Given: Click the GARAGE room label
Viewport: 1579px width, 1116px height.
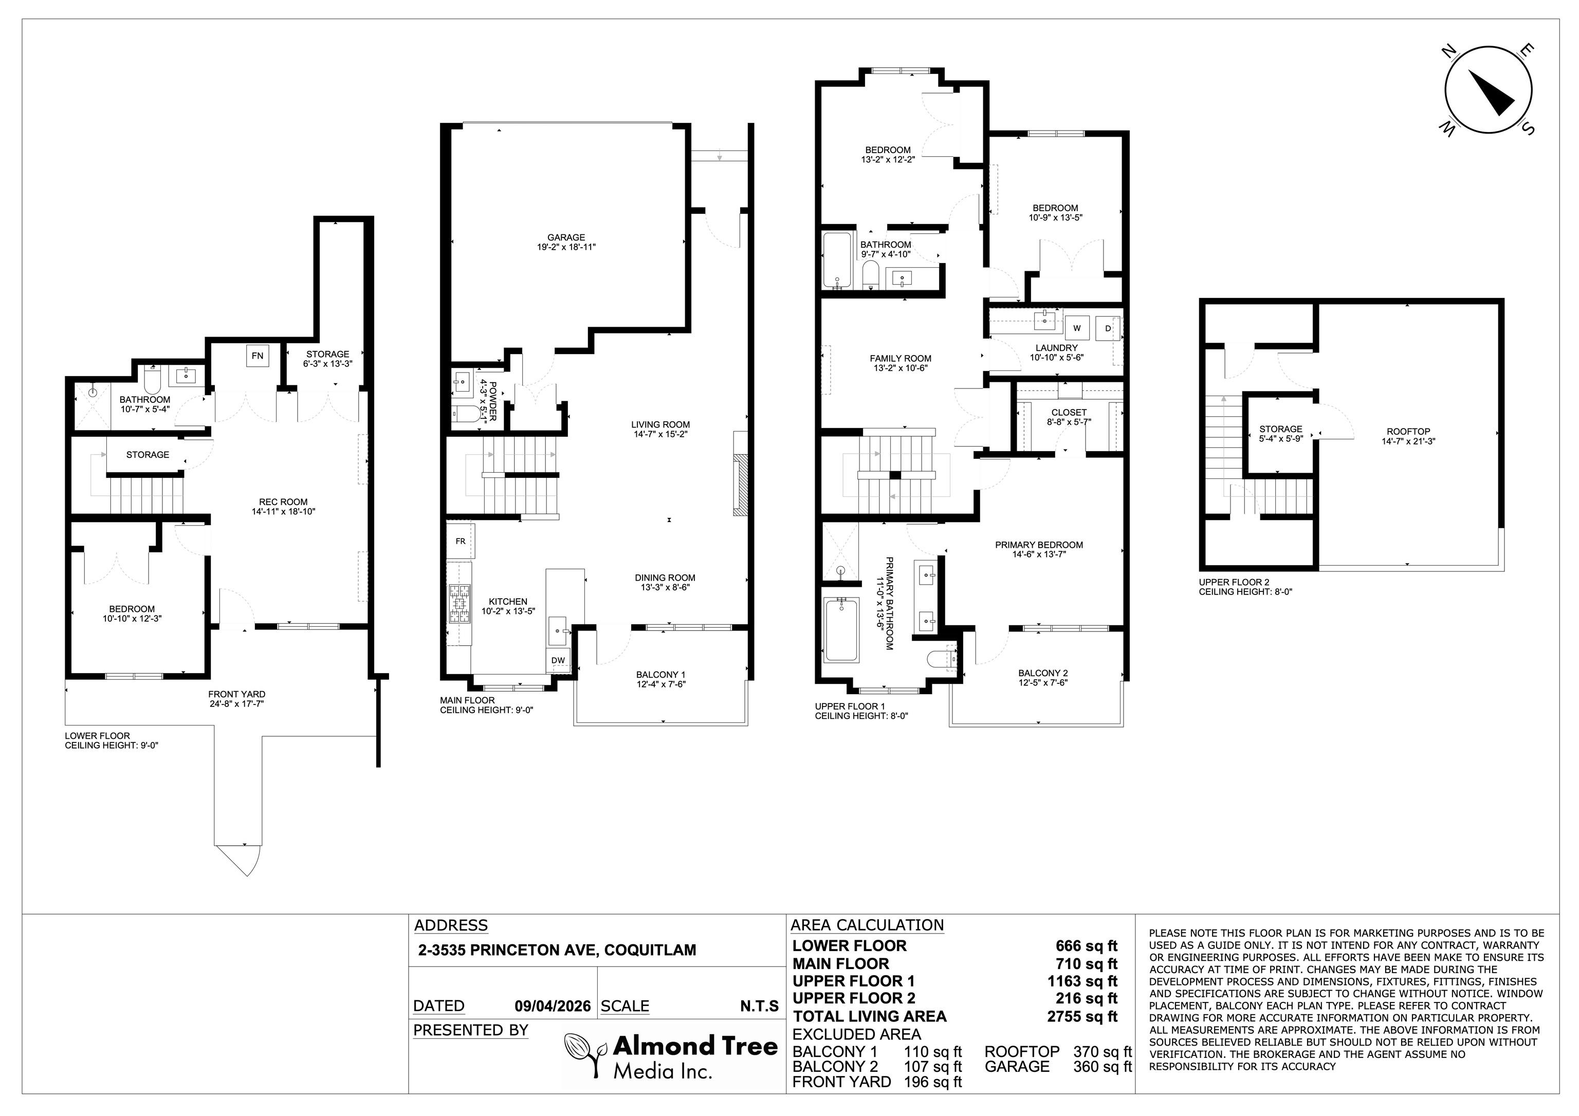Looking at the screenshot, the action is click(566, 237).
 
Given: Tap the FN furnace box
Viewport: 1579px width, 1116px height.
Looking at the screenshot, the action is click(257, 356).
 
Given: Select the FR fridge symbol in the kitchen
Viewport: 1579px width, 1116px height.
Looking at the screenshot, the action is click(460, 541).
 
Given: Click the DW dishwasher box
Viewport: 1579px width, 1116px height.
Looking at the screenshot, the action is click(558, 660).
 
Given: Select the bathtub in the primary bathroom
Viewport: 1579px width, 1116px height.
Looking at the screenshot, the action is click(840, 630).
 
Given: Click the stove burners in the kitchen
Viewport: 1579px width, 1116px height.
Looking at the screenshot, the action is click(458, 603).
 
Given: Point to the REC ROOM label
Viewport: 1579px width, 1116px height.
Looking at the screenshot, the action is click(283, 502).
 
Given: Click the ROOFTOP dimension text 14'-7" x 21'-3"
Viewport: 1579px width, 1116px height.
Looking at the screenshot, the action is click(1408, 441).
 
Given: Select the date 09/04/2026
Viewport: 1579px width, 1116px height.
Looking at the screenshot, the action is click(553, 1007).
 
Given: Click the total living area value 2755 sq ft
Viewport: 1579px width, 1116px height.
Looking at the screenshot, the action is click(1082, 1016).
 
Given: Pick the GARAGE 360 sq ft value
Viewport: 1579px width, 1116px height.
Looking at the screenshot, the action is click(1103, 1067).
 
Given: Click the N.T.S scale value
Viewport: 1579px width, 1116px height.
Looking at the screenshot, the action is click(759, 1007).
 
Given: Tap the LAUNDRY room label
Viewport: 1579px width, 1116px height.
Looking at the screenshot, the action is click(1056, 348).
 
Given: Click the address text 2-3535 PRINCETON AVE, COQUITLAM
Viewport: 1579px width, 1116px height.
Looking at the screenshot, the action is click(557, 950).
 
